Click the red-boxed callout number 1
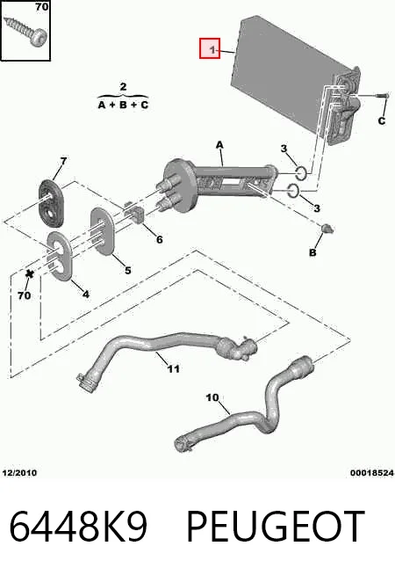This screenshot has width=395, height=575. (x=212, y=49)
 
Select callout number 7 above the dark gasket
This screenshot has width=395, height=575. (x=63, y=161)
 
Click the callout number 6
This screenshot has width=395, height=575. (x=160, y=239)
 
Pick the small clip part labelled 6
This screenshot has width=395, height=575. (x=137, y=213)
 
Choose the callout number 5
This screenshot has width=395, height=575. (x=128, y=270)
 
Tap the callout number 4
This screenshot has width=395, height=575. (x=85, y=295)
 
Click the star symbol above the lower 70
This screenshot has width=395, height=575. (x=29, y=273)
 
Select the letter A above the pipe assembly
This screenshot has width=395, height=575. (x=219, y=145)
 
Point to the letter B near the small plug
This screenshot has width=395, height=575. (x=312, y=252)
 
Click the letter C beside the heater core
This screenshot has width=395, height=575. (x=382, y=120)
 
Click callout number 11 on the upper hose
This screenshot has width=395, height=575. (x=173, y=368)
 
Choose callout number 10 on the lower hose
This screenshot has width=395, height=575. (x=212, y=397)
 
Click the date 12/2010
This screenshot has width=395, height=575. (x=19, y=473)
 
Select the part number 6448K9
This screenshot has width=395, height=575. (x=78, y=527)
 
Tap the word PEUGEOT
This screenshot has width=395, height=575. (x=276, y=527)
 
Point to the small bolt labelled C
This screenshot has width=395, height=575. (x=381, y=95)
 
